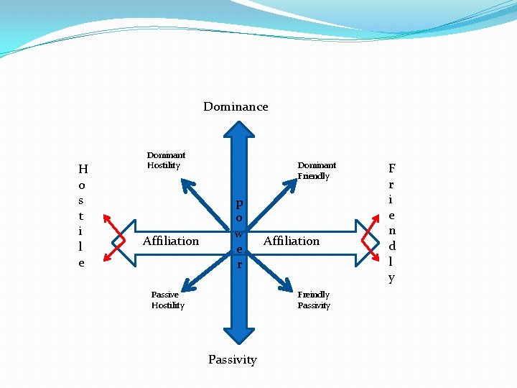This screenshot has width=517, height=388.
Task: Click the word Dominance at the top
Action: (x=236, y=106)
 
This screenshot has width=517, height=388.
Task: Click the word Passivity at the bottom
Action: (x=232, y=359)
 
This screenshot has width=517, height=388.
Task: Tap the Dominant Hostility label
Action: (x=166, y=160)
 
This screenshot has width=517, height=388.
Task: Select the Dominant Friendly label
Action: (x=317, y=170)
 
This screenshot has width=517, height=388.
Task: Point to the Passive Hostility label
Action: (x=167, y=300)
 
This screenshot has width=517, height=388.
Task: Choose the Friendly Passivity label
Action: (x=314, y=300)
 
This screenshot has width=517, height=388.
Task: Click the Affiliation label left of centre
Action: (x=171, y=241)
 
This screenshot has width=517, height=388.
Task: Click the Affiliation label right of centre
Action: (x=292, y=241)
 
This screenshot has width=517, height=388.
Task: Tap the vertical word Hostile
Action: (x=83, y=216)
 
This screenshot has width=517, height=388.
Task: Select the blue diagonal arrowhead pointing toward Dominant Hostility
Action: (x=188, y=185)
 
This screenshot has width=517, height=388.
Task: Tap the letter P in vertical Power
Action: (x=239, y=203)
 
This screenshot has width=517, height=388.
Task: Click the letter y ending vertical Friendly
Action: (x=391, y=277)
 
